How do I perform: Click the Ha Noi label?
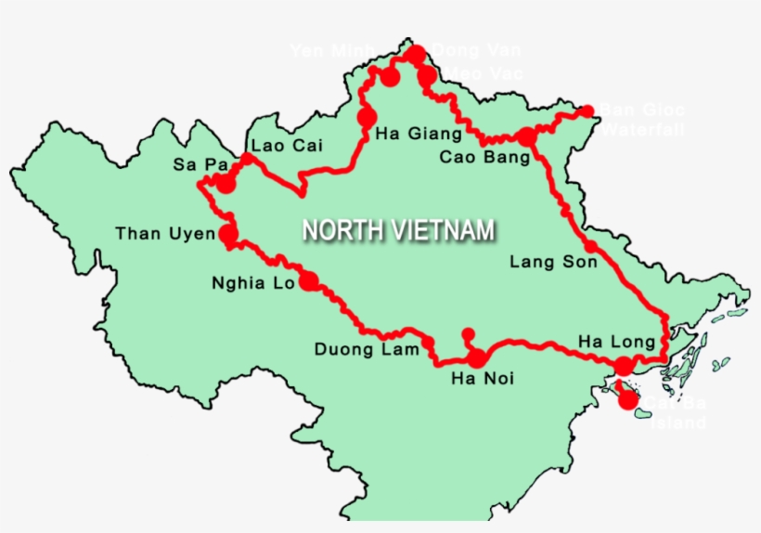click(x=482, y=379)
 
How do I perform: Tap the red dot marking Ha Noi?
click(x=477, y=358)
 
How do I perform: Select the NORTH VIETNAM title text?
click(x=398, y=230)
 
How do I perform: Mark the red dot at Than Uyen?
click(x=227, y=234)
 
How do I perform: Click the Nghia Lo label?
click(x=252, y=283)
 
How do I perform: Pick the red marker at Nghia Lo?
click(x=309, y=281)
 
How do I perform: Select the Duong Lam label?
click(x=360, y=350)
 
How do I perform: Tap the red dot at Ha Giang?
click(x=366, y=118)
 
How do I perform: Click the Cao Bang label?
click(x=484, y=157)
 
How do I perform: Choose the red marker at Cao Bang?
click(x=526, y=137)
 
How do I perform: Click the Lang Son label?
click(x=547, y=263)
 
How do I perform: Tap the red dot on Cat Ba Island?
click(x=628, y=401)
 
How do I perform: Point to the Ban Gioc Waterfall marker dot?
click(x=587, y=111)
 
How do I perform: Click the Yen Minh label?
click(x=331, y=51)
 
